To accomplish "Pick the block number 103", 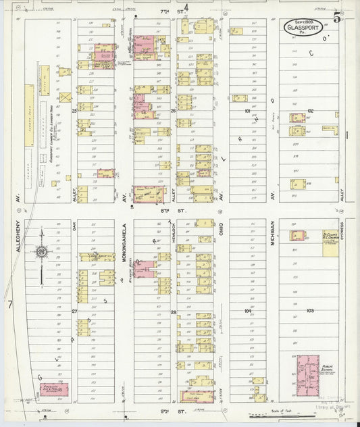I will pos(310,310).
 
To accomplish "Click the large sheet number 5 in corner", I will pos(345,18).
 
